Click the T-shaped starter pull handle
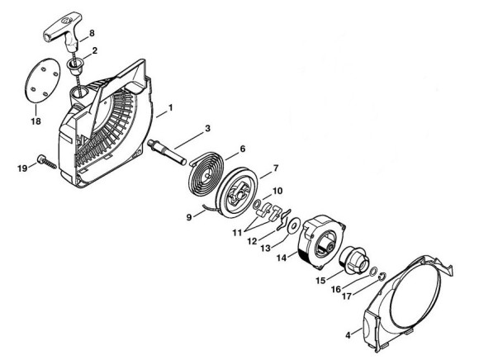coord(64,30)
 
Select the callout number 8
coord(92,33)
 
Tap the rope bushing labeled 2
coord(74,69)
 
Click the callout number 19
coord(22,168)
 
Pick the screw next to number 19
coord(47,162)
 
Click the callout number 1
coord(170,108)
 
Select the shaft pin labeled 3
coord(167,152)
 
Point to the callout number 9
coord(189,217)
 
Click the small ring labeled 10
coord(257,204)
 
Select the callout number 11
coord(237,232)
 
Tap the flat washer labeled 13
coord(295,225)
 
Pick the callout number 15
coord(320,280)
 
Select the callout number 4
coord(348,335)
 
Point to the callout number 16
coord(336,289)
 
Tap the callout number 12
coord(253,241)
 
